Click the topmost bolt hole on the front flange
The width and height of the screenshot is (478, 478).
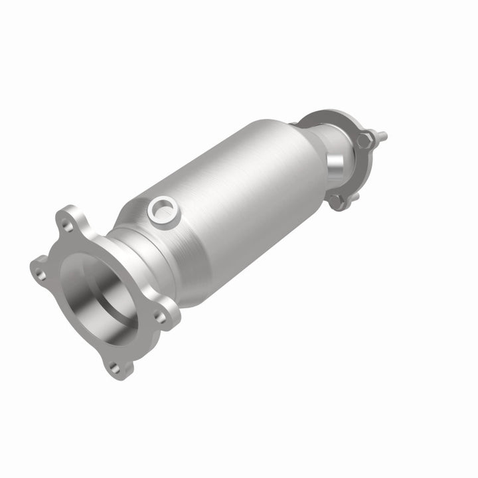67,225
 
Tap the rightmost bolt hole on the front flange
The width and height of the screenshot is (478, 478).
161,318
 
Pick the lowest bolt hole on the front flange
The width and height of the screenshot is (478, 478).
114,366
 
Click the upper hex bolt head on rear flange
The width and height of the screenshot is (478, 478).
364,141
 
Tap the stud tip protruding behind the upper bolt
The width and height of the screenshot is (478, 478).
382,137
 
